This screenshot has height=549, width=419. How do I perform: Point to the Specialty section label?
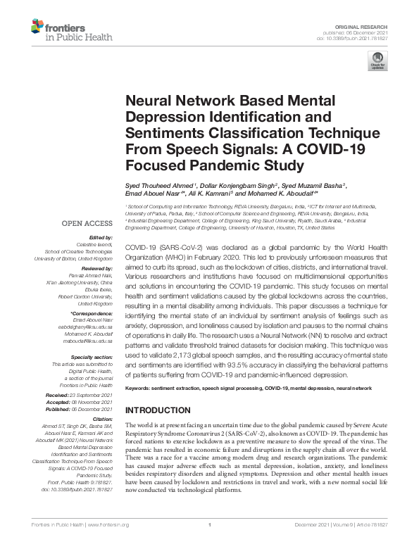[x=95, y=358]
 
